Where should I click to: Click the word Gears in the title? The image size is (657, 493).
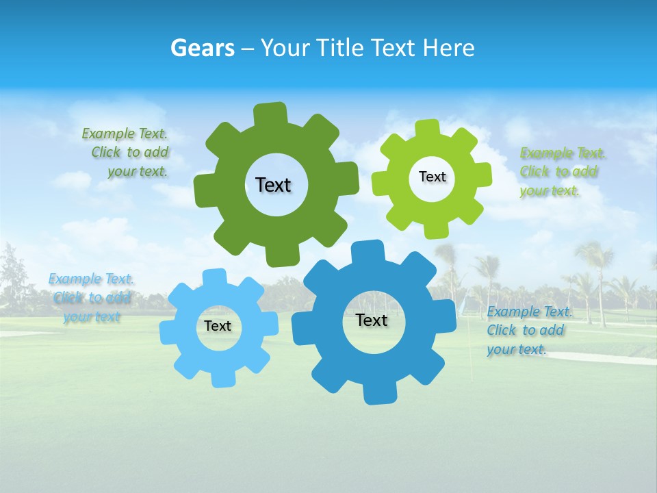pos(202,48)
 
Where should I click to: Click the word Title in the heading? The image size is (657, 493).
pos(340,48)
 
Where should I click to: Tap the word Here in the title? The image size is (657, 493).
pos(448,48)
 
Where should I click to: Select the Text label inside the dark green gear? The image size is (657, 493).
pos(273,185)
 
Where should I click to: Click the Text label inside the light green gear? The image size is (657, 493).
pos(432,177)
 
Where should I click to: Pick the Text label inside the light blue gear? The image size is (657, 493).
pos(218,326)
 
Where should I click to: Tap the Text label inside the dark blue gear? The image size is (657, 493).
pos(372,320)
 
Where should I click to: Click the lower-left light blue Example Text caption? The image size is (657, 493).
pos(91,298)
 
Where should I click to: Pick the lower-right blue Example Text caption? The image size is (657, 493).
pos(528,331)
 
